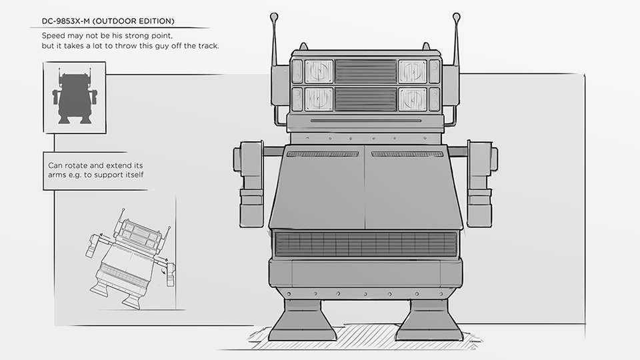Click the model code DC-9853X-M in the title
pos(66,21)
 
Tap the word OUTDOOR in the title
pos(115,21)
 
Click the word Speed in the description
pos(53,36)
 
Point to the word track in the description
pos(208,46)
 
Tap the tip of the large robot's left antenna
pos(274,16)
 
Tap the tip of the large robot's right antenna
pos(456,16)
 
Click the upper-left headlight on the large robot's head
pos(319,71)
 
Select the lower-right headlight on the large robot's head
pos(413,99)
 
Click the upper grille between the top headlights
pos(366,71)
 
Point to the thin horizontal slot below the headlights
pos(366,121)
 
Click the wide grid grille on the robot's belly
pos(366,244)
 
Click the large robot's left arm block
pos(250,184)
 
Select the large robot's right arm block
pos(481,184)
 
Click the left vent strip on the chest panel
pos(323,154)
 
